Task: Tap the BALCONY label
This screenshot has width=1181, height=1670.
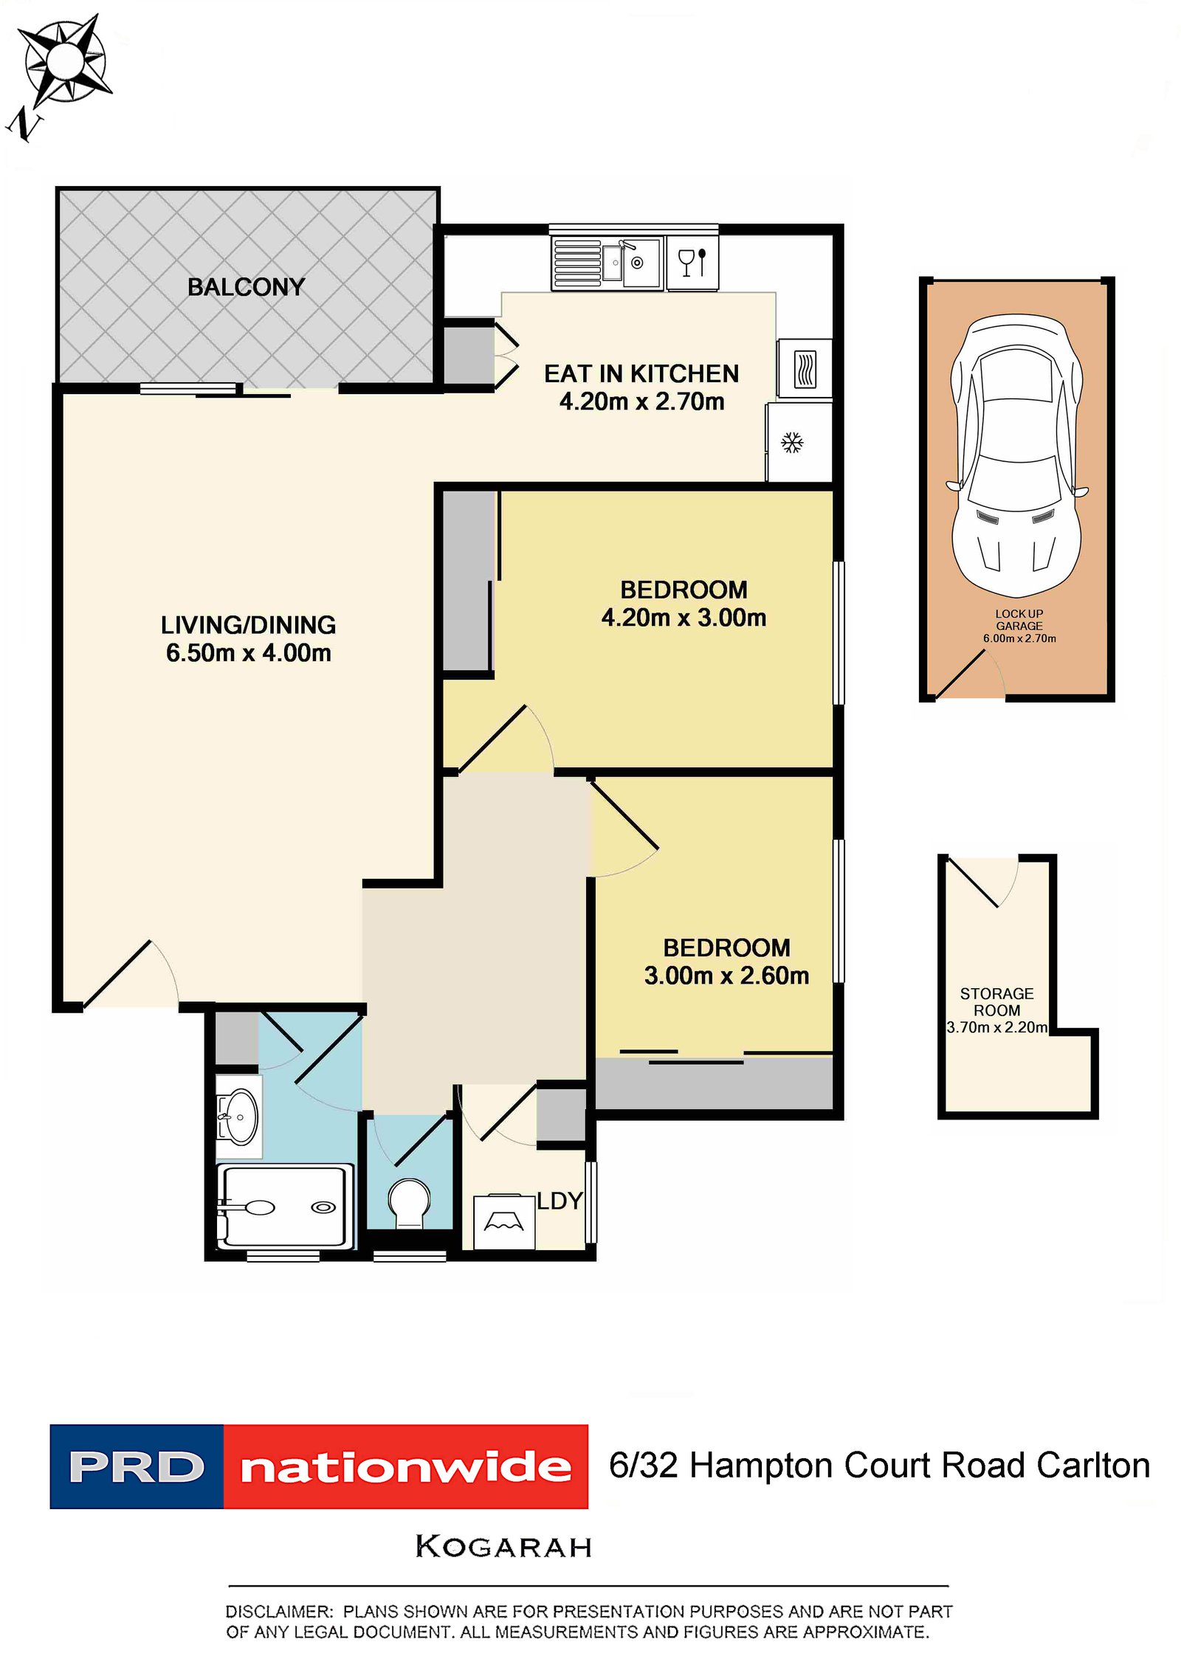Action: coord(246,287)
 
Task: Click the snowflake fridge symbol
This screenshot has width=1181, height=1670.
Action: coord(792,443)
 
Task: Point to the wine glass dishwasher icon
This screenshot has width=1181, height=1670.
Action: coord(692,262)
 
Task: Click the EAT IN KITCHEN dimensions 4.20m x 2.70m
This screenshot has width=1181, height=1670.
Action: coord(641,402)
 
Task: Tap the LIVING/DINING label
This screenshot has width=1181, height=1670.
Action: coord(248,625)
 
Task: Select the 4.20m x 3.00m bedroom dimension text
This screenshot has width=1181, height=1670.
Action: coord(684,618)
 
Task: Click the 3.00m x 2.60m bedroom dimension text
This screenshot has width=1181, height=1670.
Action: coord(726,976)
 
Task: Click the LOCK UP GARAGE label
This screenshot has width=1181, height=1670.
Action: coord(1019,619)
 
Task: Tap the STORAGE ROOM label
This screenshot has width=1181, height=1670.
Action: coord(996,1001)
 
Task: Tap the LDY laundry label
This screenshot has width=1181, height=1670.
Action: coord(559,1201)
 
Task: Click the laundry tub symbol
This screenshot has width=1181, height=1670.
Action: coord(503,1223)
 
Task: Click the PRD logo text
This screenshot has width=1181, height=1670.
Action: coord(137,1467)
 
